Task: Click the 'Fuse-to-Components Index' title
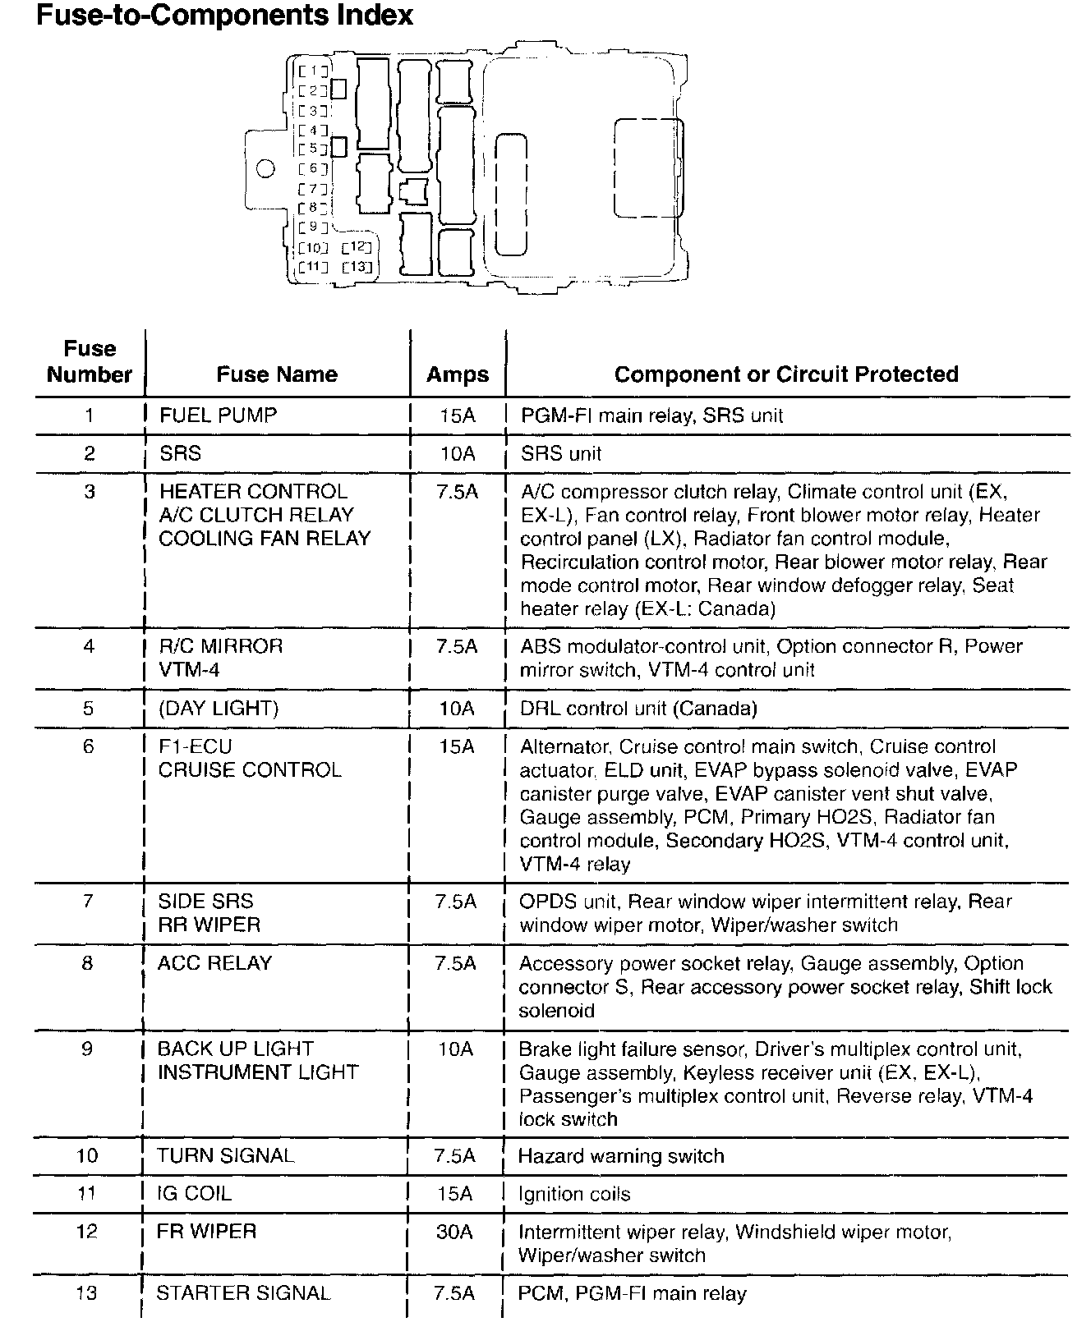(x=224, y=16)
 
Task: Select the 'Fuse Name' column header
(x=277, y=374)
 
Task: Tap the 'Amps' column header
(x=457, y=375)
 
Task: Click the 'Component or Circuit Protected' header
(x=786, y=374)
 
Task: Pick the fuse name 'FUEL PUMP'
(x=218, y=415)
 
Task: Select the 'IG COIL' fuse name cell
(x=194, y=1193)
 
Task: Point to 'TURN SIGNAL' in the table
(x=225, y=1156)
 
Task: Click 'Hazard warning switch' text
(x=621, y=1156)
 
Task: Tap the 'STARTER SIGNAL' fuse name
(x=243, y=1293)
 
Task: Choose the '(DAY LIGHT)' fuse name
(x=219, y=708)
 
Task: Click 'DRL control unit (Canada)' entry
(x=638, y=708)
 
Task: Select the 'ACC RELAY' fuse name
(x=214, y=963)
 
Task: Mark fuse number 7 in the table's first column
(x=88, y=902)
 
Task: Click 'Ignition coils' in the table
(x=574, y=1194)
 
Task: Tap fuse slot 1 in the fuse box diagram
(x=314, y=71)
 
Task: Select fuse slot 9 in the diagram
(x=314, y=227)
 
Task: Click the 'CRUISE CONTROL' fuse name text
(x=250, y=770)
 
